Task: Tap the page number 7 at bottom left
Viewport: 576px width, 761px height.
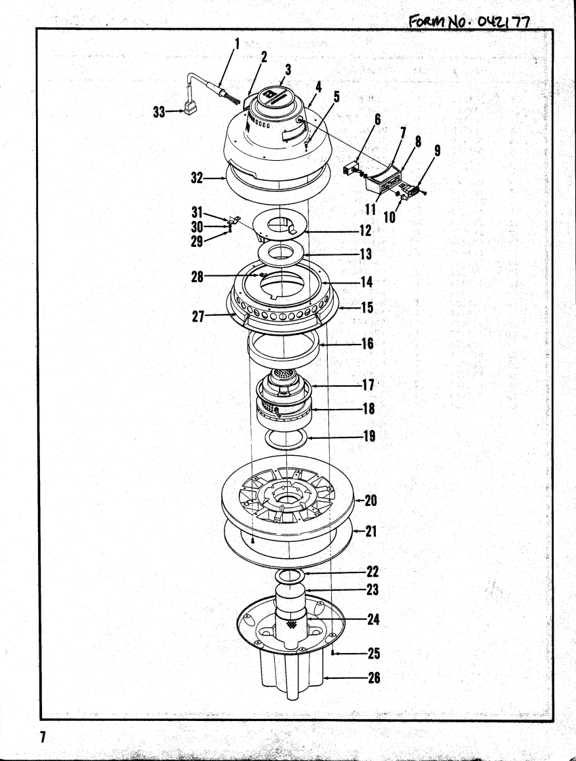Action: [42, 737]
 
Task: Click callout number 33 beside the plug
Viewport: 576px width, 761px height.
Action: [159, 113]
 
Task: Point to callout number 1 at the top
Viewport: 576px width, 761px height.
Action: [237, 44]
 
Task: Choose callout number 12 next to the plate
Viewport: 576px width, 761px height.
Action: [365, 231]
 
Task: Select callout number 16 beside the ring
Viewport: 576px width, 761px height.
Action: [367, 344]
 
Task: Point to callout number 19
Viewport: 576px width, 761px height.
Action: [370, 437]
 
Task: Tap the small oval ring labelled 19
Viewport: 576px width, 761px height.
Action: [286, 438]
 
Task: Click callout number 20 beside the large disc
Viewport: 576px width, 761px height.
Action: [370, 501]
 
